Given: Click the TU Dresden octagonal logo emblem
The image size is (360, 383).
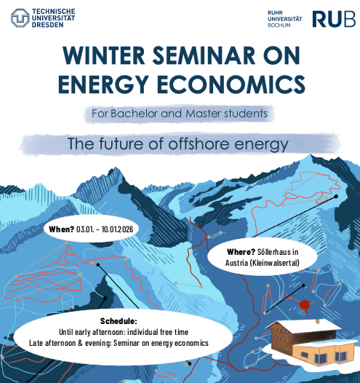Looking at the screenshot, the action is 20,17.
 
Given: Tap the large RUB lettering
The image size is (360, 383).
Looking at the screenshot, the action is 334,19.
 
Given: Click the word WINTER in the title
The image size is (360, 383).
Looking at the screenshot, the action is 104,55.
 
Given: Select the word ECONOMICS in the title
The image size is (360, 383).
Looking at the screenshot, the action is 231,84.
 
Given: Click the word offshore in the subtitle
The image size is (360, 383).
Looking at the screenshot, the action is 199,143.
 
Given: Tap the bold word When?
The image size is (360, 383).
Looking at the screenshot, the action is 61,229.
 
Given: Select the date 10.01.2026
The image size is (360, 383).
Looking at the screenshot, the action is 117,229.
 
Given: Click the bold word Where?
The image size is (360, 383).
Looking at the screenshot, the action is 241,252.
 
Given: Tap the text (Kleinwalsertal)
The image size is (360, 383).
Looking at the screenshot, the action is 275,263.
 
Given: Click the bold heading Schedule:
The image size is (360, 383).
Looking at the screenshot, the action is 119,321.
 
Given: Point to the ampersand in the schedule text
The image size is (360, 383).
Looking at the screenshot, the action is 80,343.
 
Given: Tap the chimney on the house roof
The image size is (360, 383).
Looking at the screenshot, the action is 317,321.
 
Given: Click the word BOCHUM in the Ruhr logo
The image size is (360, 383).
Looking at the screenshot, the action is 279,25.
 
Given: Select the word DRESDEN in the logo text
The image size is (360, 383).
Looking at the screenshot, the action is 47,25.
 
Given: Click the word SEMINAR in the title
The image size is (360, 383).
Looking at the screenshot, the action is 204,55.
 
